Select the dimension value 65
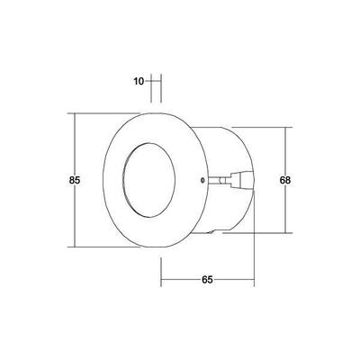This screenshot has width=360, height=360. pyautogui.click(x=206, y=281)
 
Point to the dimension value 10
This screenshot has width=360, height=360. pyautogui.click(x=139, y=82)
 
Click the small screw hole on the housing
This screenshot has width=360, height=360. pyautogui.click(x=200, y=179)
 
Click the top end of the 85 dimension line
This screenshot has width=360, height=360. pyautogui.click(x=75, y=113)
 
